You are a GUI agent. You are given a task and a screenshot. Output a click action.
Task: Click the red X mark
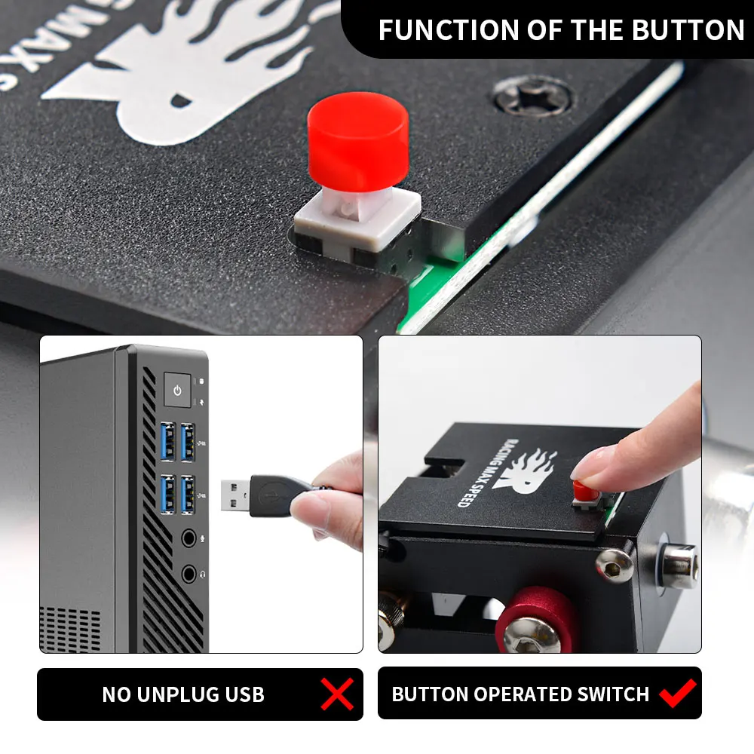[336, 694]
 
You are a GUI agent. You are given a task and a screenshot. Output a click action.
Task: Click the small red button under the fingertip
[583, 492]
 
